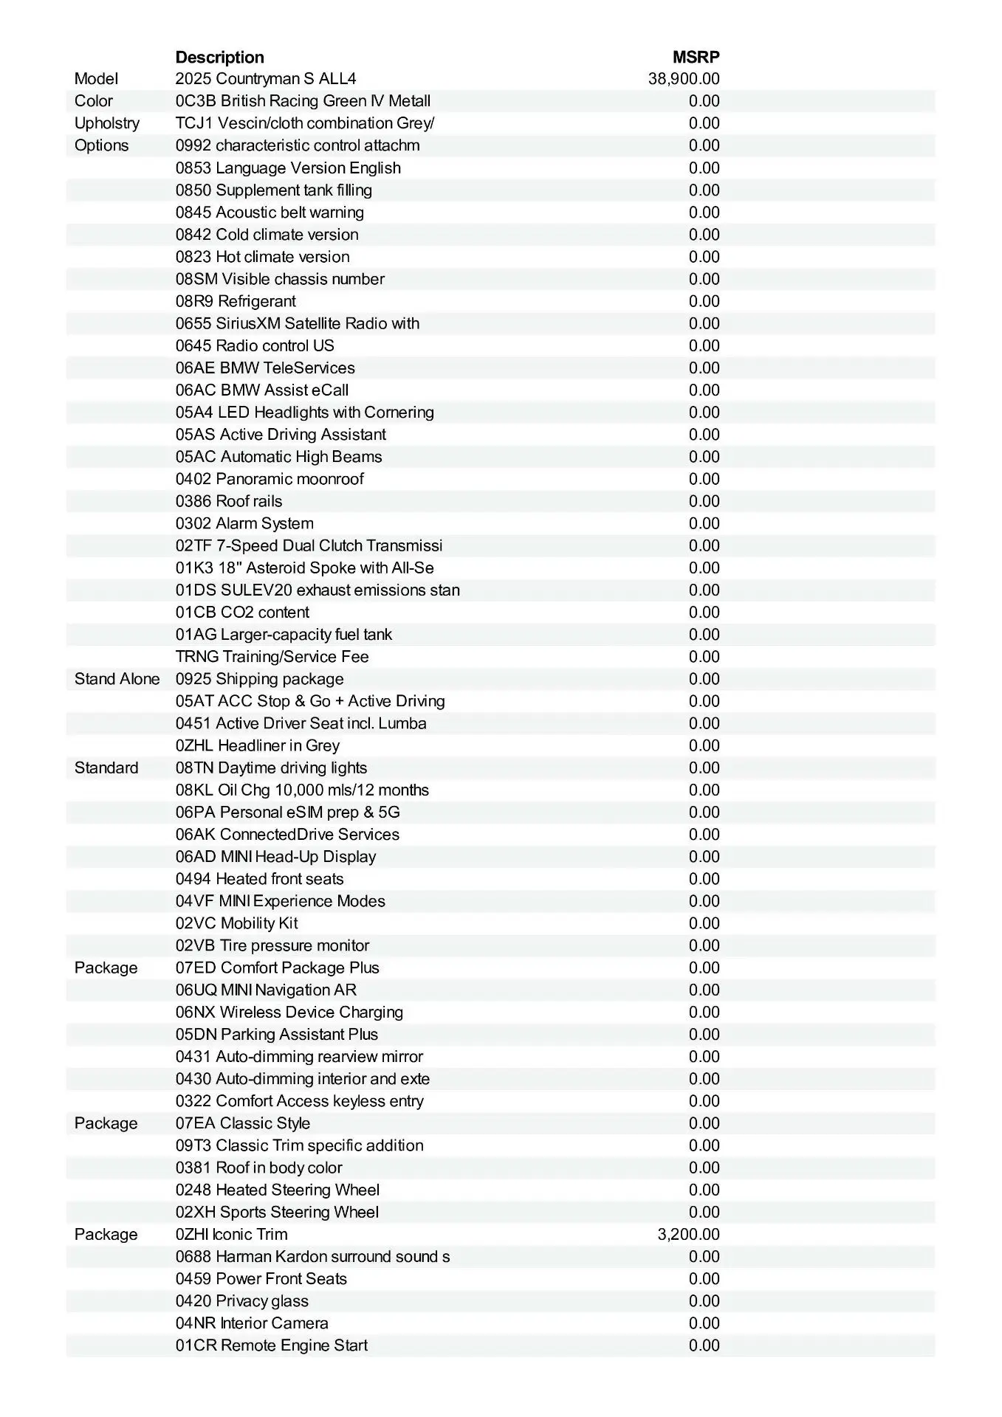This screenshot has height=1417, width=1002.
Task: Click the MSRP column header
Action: (696, 58)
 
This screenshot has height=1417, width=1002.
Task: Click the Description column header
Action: (219, 58)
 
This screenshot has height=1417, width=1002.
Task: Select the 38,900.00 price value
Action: (684, 79)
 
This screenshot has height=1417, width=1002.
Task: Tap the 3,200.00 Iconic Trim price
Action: (688, 1234)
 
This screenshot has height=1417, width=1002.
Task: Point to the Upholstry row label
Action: (106, 123)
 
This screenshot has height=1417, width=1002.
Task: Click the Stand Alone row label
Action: (117, 679)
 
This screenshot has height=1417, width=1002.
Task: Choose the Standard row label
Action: (106, 768)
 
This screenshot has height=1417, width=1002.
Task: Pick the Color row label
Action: (94, 101)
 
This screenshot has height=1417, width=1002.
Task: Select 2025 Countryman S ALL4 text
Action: (266, 79)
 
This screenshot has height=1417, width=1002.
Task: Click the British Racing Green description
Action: (303, 101)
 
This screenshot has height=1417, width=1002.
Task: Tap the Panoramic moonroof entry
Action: (270, 479)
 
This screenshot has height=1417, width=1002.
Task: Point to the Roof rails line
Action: (229, 501)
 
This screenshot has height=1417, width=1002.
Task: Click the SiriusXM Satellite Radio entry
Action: (297, 323)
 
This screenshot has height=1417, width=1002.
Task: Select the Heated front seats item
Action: (259, 879)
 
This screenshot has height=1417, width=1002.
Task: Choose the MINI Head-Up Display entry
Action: (275, 857)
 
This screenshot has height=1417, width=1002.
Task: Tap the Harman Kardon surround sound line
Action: (312, 1256)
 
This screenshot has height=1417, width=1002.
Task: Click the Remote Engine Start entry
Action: (271, 1345)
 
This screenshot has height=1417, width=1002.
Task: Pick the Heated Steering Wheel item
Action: (277, 1190)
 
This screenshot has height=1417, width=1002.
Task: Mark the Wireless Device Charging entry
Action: (289, 1012)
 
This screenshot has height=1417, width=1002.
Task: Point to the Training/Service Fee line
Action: (272, 657)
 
